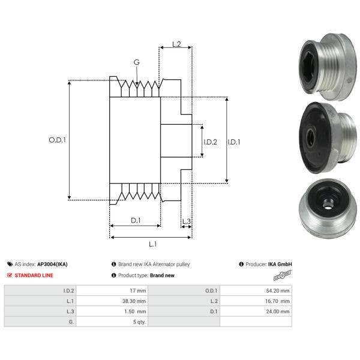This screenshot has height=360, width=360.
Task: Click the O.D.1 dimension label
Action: [57, 140]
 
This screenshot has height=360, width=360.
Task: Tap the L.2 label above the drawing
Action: [177, 44]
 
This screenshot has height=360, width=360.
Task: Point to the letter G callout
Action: [137, 62]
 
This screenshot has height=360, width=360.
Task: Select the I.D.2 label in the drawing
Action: [210, 142]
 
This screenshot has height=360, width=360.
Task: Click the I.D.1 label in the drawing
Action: [234, 142]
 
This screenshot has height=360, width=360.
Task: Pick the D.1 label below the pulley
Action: [136, 220]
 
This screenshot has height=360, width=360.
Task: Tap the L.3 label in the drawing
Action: [186, 221]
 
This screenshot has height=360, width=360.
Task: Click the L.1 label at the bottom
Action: [152, 244]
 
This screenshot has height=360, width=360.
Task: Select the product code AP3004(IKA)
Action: [52, 264]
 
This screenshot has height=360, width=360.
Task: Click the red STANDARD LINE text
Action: [34, 275]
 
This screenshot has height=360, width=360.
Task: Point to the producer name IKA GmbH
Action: [280, 264]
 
